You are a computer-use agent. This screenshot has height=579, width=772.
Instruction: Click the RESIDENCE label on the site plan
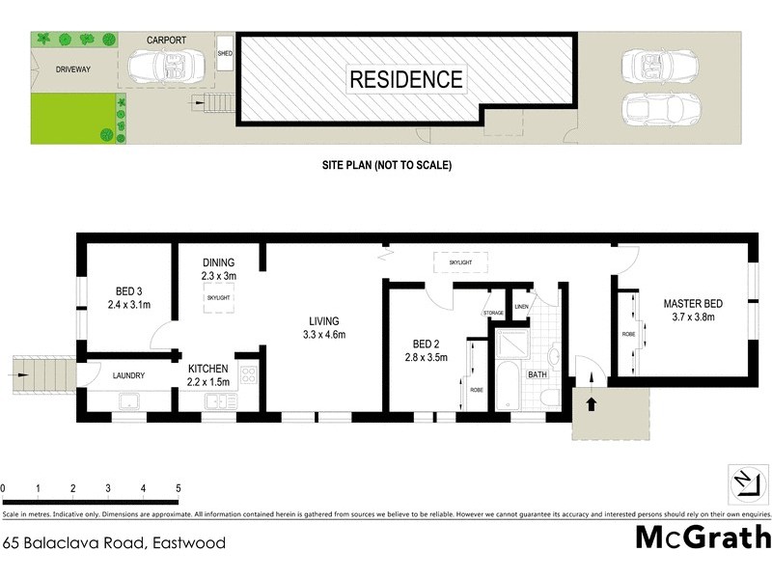click(405, 79)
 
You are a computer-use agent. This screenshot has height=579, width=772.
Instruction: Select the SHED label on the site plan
click(226, 53)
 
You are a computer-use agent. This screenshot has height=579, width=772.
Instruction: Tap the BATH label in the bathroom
click(537, 373)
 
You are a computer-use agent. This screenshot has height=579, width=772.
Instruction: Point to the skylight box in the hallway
click(461, 261)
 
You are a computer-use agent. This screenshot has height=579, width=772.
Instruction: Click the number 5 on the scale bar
click(179, 488)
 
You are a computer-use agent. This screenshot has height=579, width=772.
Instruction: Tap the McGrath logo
click(703, 538)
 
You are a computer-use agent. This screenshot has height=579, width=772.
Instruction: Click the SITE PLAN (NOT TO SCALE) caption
click(386, 165)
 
